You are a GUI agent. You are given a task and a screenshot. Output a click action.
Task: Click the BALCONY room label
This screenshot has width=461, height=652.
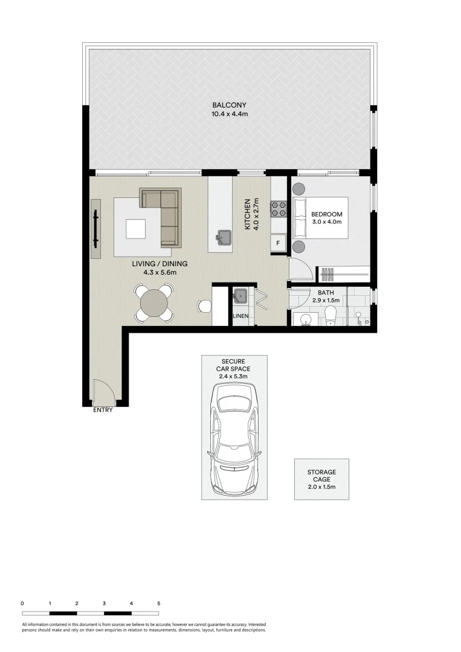pyautogui.click(x=229, y=105)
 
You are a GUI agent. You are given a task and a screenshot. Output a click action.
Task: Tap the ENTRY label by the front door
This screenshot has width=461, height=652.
pyautogui.click(x=103, y=411)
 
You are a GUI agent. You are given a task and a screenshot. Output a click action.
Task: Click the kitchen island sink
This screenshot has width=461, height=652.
pyautogui.click(x=224, y=236)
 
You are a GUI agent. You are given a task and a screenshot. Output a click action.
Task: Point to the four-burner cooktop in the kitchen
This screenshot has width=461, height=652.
pyautogui.click(x=279, y=208)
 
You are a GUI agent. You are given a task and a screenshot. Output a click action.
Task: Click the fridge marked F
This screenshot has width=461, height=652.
pyautogui.click(x=278, y=243)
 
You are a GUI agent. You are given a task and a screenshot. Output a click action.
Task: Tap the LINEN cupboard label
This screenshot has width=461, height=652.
pyautogui.click(x=240, y=316)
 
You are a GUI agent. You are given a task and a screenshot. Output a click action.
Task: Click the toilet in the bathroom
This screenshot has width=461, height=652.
pyautogui.click(x=330, y=315)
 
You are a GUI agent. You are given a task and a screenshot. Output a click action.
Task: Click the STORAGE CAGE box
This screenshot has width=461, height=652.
pyautogui.click(x=321, y=479)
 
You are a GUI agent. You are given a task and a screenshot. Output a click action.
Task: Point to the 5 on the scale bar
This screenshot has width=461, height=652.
pyautogui.click(x=158, y=603)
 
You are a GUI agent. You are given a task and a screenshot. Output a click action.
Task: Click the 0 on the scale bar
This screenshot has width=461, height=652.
pyautogui.click(x=22, y=603)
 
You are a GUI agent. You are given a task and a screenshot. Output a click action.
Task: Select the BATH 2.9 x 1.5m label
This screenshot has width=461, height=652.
pyautogui.click(x=326, y=296)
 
